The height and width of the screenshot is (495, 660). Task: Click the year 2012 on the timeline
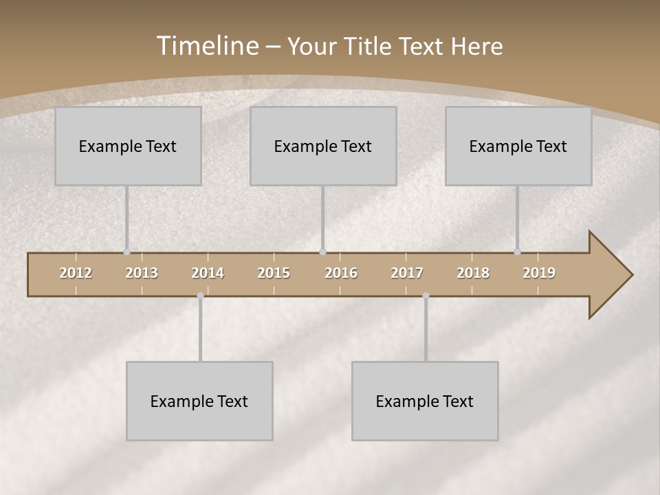pos(76,273)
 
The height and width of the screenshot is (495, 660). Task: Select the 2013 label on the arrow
pos(142,273)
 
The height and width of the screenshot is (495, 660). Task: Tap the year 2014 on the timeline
pos(208,273)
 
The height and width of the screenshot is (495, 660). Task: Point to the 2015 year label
pos(274,273)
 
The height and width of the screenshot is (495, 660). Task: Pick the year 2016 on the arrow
pos(341,273)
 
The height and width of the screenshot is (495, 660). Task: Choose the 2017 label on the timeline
pos(407,273)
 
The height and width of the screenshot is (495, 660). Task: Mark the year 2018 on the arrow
pos(473,273)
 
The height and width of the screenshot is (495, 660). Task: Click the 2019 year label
pos(539,273)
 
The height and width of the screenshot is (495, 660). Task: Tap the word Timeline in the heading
pos(207,46)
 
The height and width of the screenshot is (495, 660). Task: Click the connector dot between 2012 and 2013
pos(126,252)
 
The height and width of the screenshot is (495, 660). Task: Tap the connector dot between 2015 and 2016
pos(323,252)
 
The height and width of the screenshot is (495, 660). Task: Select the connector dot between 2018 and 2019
pos(518,252)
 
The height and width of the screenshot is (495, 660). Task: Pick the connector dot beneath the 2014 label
pos(200,296)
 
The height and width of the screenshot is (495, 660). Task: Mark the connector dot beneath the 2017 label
pos(426,296)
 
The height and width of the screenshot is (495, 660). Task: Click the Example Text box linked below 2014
pos(199,401)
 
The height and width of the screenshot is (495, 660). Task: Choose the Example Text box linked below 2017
pos(425,401)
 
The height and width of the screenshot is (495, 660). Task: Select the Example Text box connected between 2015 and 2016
pos(323,146)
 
